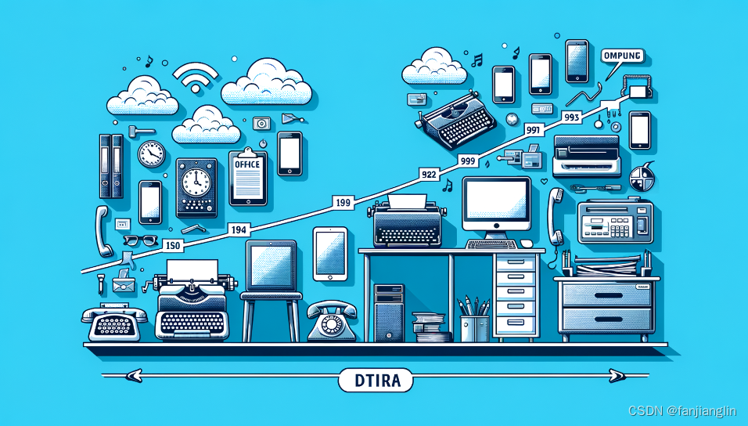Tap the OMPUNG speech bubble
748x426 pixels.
click(624, 56)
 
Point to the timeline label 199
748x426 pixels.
click(342, 204)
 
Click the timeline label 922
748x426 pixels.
click(429, 174)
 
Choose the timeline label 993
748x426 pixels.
click(571, 117)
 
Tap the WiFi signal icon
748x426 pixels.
click(195, 78)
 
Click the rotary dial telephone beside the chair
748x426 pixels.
click(331, 321)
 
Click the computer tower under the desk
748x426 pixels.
click(389, 312)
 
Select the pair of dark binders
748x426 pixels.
click(110, 165)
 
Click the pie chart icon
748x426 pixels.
click(644, 175)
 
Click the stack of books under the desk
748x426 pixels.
click(430, 327)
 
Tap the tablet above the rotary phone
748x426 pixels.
click(330, 253)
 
